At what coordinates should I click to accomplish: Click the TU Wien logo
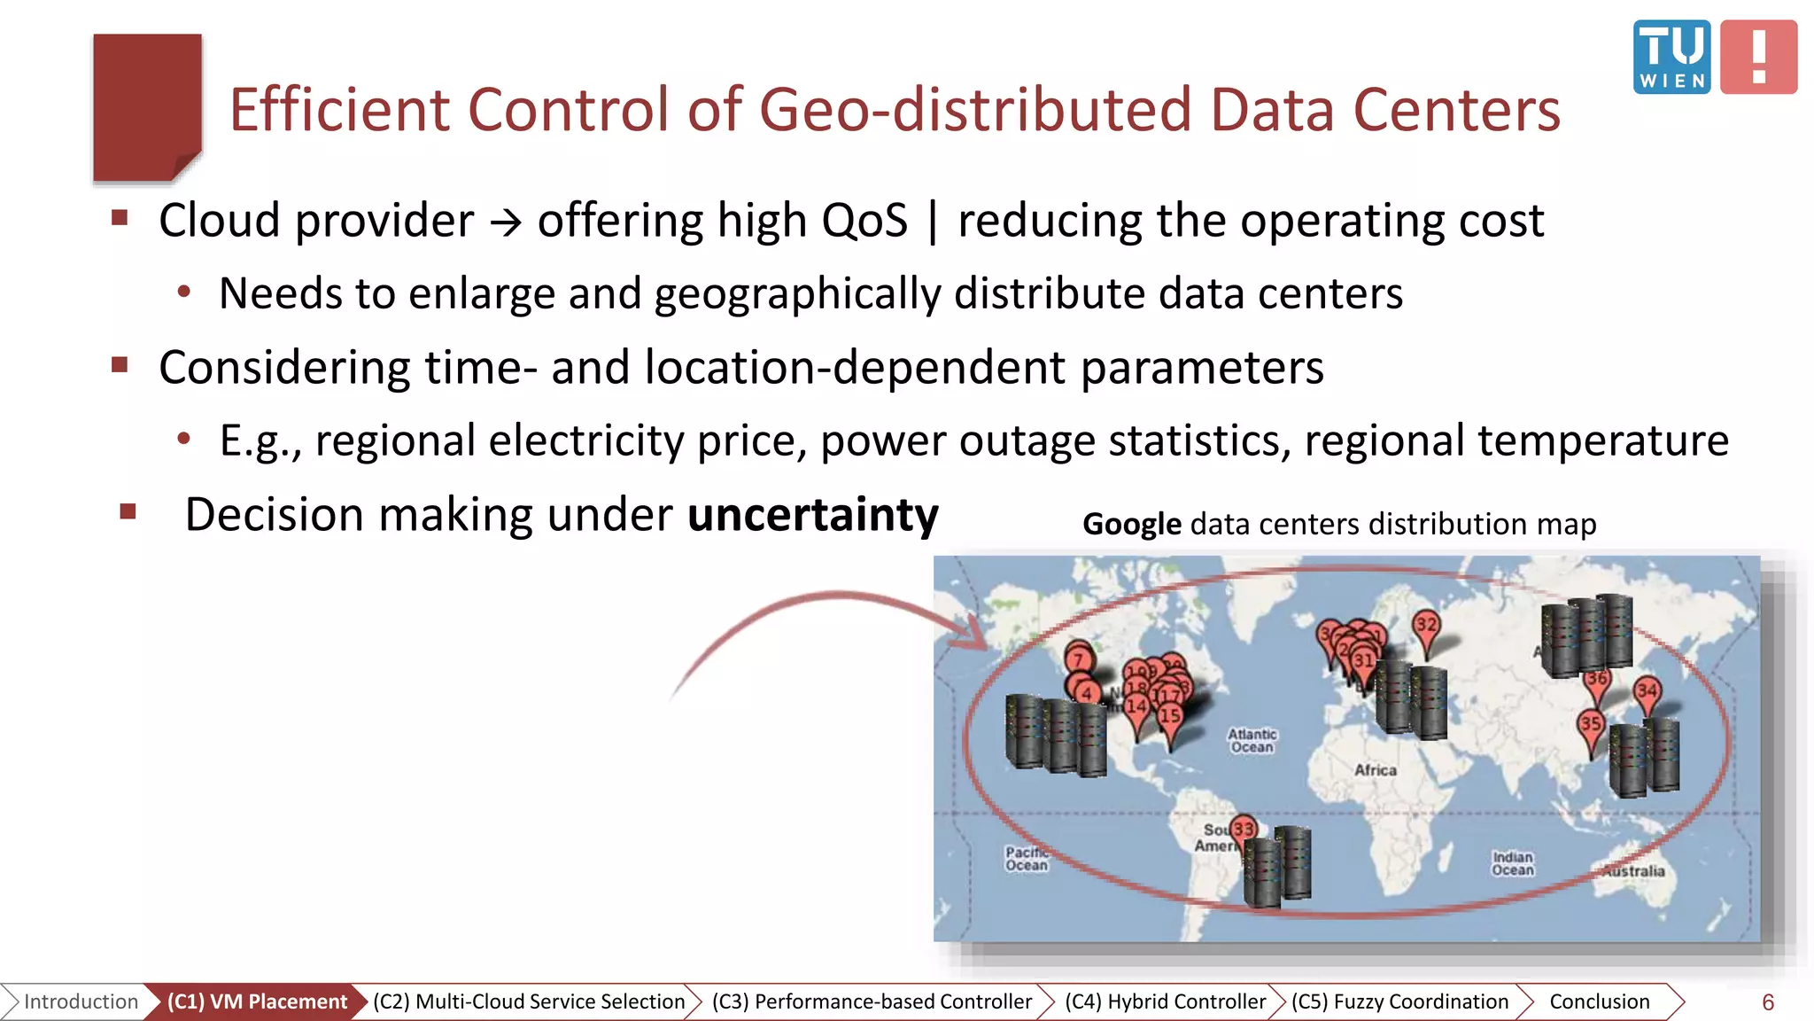[1671, 57]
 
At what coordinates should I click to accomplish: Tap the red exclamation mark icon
[1758, 57]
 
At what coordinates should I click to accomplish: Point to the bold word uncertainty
[812, 515]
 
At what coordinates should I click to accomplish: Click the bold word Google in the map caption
[1131, 525]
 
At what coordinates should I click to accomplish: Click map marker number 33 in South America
[1244, 830]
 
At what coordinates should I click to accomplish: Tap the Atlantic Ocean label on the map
[1252, 741]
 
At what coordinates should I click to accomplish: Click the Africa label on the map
[1375, 770]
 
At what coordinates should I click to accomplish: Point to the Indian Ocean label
[1512, 863]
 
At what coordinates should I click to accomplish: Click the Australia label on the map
[1634, 871]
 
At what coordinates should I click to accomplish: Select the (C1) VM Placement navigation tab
[256, 1002]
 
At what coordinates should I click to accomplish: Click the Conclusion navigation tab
[1599, 1002]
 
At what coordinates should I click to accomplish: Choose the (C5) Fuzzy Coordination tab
[1399, 1002]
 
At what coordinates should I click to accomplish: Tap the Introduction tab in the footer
[81, 1002]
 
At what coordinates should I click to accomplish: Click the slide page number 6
[1767, 1002]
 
